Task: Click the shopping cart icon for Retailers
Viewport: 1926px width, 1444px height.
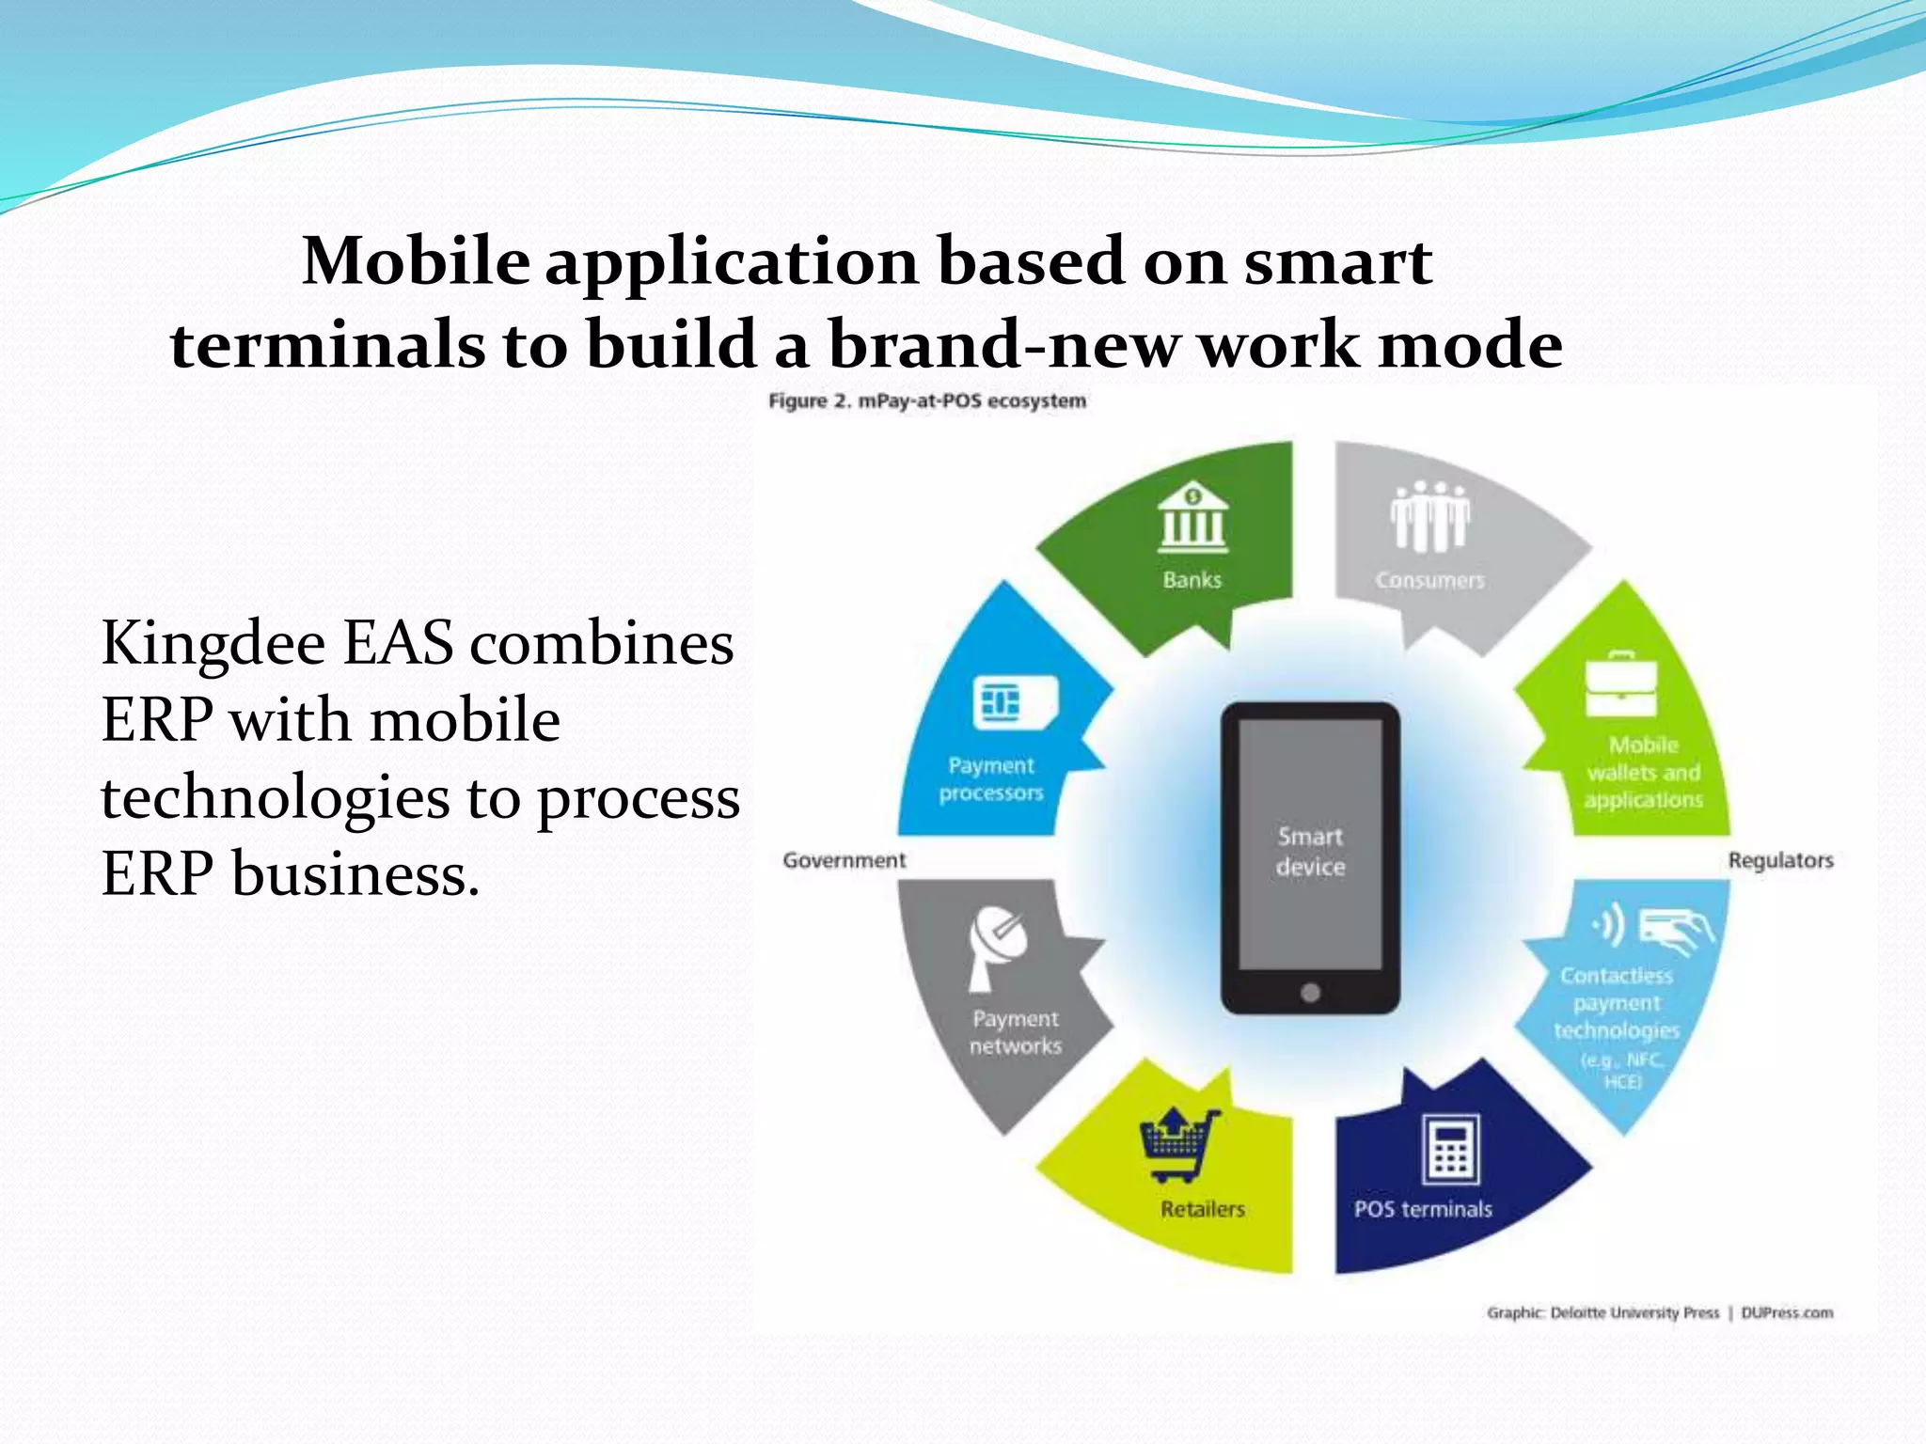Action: point(1178,1145)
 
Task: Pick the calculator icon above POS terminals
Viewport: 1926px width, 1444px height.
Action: point(1450,1149)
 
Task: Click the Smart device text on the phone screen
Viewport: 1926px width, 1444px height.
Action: point(1310,851)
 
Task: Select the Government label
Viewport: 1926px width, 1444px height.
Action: point(844,860)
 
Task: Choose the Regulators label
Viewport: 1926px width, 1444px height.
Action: point(1780,860)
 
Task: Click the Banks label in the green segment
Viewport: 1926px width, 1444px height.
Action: point(1192,580)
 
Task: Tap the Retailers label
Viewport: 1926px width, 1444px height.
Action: point(1202,1209)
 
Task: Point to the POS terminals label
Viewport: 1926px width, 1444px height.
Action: point(1423,1209)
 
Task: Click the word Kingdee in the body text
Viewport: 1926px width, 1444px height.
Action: point(213,646)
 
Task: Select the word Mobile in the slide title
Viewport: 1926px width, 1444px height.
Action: point(416,260)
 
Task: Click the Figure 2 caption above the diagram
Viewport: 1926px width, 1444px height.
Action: point(927,401)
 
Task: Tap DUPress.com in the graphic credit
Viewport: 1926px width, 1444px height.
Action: point(1787,1312)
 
